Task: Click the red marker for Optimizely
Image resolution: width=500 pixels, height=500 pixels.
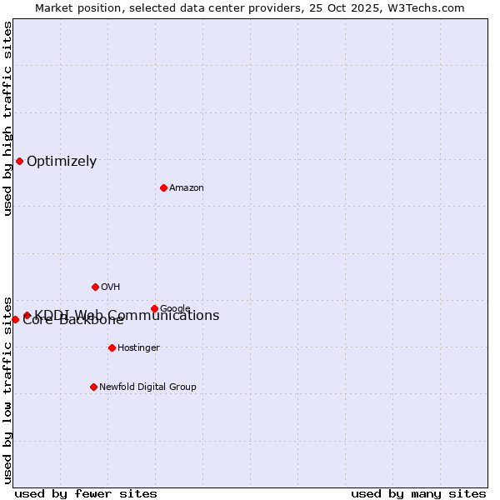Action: (x=19, y=161)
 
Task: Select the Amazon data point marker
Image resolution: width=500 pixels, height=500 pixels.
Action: (x=163, y=187)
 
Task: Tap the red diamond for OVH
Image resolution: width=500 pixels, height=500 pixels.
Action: (x=95, y=287)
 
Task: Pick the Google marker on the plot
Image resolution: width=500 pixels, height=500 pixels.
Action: (x=154, y=308)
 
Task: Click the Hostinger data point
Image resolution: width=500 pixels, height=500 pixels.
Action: (x=112, y=347)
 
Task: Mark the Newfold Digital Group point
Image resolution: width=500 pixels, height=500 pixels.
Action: (x=93, y=387)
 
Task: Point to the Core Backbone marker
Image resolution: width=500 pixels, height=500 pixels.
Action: (x=15, y=319)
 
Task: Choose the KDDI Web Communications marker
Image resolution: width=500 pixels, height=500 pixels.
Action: (x=27, y=315)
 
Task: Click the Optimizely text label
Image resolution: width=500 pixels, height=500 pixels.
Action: (x=62, y=162)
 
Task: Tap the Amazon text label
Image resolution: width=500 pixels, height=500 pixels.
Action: (x=187, y=188)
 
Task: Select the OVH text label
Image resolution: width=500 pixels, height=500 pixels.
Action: (x=111, y=287)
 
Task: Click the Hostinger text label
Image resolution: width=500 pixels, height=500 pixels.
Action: (x=138, y=348)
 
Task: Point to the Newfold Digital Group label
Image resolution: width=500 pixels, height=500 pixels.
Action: (x=147, y=387)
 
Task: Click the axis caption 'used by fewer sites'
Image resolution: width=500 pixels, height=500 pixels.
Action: (x=86, y=493)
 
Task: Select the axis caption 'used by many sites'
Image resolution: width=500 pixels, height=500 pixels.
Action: (x=418, y=493)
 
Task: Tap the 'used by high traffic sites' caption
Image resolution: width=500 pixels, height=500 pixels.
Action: (x=7, y=118)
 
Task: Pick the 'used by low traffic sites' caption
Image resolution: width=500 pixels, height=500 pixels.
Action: (x=7, y=389)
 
